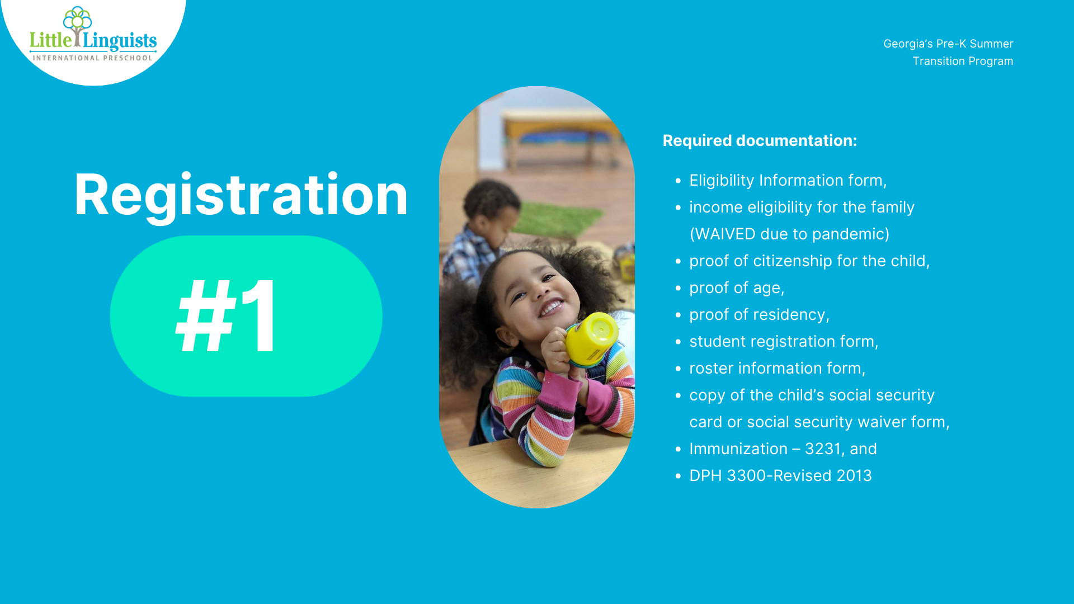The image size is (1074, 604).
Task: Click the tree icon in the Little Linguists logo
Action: [77, 26]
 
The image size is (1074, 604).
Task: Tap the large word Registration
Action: [241, 195]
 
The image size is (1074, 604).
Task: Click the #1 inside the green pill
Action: [226, 316]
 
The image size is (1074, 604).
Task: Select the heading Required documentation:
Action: [760, 140]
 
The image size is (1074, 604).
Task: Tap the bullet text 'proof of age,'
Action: [737, 288]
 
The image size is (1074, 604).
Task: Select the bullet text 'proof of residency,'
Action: [759, 315]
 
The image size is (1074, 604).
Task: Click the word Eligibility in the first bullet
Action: [722, 181]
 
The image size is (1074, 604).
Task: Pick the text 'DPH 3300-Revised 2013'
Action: [780, 475]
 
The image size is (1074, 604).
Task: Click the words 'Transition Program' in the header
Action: [963, 61]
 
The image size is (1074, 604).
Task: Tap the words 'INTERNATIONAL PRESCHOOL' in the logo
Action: [93, 58]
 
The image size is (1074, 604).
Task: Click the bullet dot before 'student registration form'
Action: [678, 342]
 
